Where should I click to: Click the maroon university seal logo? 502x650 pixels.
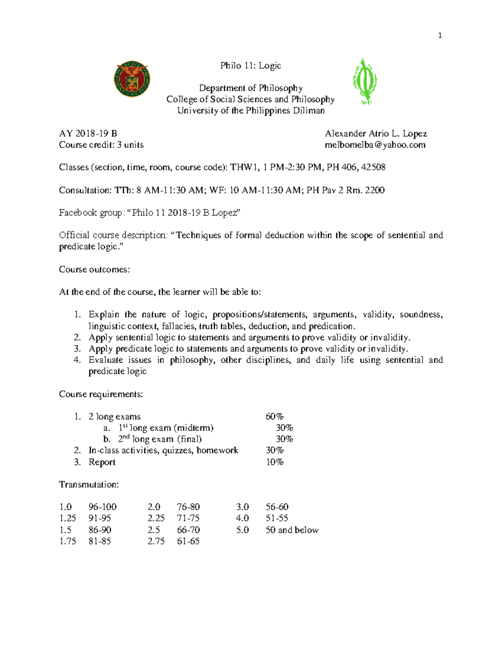click(132, 79)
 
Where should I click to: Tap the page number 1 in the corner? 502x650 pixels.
click(440, 36)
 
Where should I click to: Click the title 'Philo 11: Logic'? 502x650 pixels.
click(251, 65)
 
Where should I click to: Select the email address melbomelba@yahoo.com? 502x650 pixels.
click(375, 145)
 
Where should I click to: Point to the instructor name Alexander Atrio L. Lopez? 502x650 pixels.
click(376, 134)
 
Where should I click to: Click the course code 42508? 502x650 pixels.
click(373, 167)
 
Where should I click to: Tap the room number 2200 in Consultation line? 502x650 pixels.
click(374, 190)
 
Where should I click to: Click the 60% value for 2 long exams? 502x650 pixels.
click(274, 416)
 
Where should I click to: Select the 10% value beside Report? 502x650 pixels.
click(275, 462)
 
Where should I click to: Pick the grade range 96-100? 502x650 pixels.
click(102, 507)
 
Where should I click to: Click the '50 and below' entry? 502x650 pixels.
click(292, 530)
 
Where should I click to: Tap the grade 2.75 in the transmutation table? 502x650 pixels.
click(156, 541)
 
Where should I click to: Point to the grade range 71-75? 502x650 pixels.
click(188, 518)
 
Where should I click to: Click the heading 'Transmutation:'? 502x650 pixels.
click(89, 485)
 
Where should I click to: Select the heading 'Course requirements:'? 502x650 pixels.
click(101, 394)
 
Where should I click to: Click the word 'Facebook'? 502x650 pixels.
click(78, 213)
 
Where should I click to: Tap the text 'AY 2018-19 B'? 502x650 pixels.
click(88, 134)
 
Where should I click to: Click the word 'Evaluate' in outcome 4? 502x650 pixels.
click(105, 360)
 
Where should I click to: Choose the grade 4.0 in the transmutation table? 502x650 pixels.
click(242, 518)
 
